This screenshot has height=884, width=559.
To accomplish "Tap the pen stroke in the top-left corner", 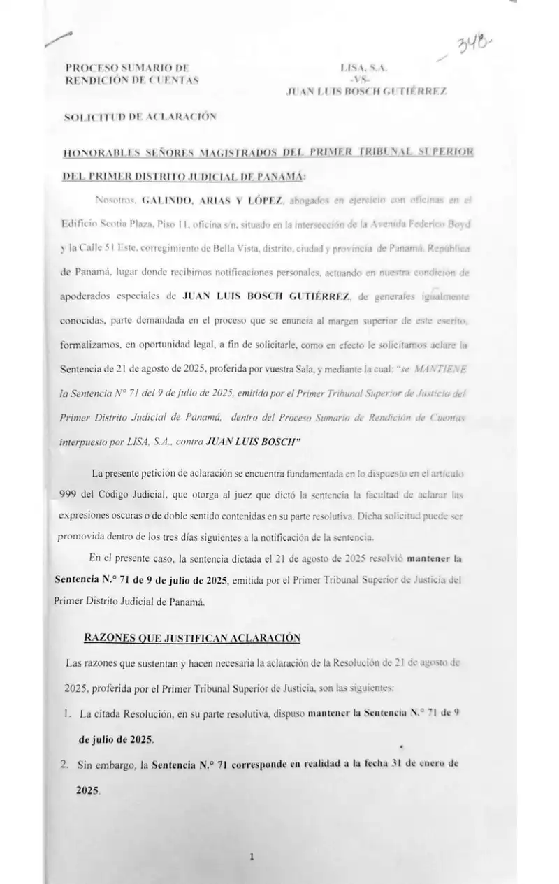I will click(x=58, y=40).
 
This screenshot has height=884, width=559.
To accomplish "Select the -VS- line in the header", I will click(x=366, y=80).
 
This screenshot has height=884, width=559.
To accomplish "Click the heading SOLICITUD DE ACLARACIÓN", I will click(x=140, y=117).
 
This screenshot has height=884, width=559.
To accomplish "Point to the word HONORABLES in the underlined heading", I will click(x=97, y=152).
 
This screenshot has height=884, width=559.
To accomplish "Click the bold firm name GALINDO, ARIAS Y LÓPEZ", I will click(x=212, y=201).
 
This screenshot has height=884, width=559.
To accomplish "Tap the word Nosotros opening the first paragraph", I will click(x=113, y=201).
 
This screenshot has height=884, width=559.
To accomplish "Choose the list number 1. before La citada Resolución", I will click(x=68, y=715).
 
